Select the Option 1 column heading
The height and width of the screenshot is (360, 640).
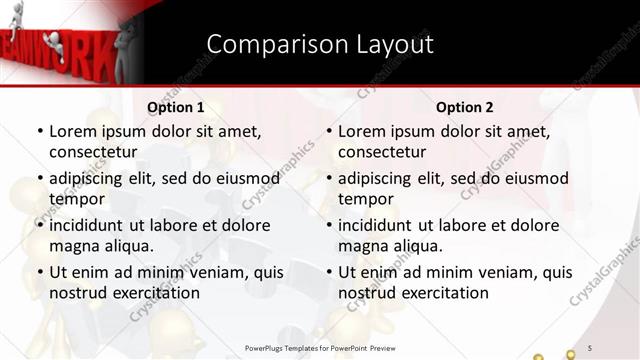pyautogui.click(x=176, y=107)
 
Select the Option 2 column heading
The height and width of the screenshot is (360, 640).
pyautogui.click(x=465, y=107)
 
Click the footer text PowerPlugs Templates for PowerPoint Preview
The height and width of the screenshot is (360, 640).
pyautogui.click(x=320, y=347)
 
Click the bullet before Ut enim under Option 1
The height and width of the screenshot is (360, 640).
pyautogui.click(x=39, y=272)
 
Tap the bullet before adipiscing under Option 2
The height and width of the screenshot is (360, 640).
pyautogui.click(x=328, y=178)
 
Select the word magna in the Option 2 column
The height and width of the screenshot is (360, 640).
pyautogui.click(x=362, y=246)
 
